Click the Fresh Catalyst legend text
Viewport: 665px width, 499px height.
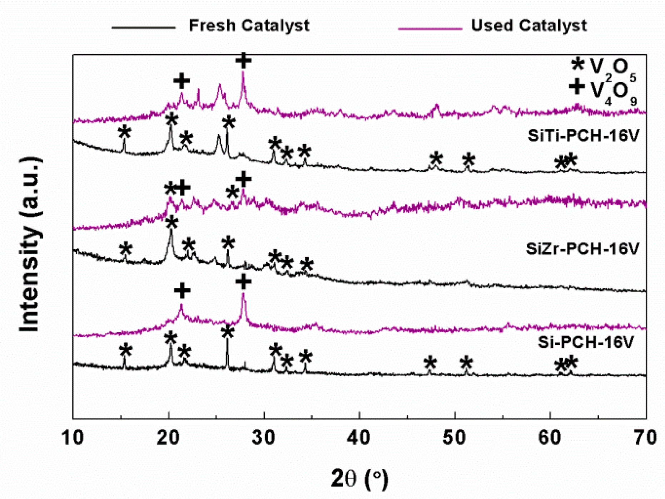point(249,26)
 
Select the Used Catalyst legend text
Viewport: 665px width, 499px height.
point(528,26)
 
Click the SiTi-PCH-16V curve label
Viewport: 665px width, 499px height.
point(583,136)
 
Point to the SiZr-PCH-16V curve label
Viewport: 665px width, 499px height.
point(582,249)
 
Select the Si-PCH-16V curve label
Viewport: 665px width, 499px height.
point(585,342)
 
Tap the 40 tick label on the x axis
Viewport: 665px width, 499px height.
point(359,437)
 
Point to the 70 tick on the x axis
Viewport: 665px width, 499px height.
point(645,437)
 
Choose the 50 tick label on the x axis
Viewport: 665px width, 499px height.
point(454,437)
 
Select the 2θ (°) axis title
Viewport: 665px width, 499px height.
point(359,479)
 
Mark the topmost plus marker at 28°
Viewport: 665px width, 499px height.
point(243,60)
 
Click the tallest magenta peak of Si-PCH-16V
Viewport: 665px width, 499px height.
point(243,295)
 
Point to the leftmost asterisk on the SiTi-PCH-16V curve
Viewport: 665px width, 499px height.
point(124,132)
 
